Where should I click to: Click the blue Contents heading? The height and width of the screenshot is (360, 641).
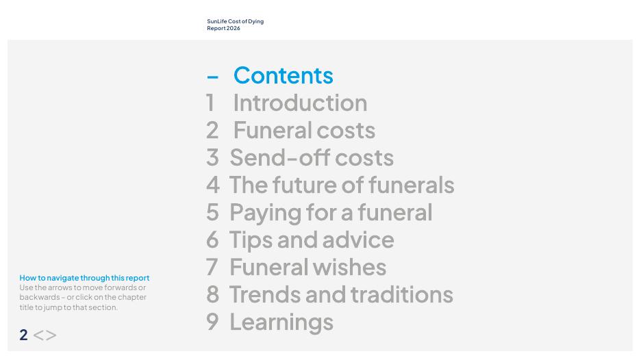click(284, 75)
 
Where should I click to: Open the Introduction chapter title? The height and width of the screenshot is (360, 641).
click(300, 103)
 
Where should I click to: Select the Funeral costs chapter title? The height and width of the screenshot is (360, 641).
click(304, 130)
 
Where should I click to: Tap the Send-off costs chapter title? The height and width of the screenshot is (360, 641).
click(312, 157)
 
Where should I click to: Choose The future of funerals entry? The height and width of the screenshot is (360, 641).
click(342, 185)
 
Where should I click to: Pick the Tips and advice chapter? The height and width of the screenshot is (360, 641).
click(312, 240)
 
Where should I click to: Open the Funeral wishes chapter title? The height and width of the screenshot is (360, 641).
click(307, 267)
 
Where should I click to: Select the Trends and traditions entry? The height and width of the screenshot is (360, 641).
click(341, 294)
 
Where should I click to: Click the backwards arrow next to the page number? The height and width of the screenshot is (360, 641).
click(38, 335)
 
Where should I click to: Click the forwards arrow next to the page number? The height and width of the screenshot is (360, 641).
click(51, 335)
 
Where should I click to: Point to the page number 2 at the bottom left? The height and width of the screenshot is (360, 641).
click(24, 335)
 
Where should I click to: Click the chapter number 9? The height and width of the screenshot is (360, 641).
click(212, 322)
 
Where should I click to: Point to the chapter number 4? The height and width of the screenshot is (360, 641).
click(213, 185)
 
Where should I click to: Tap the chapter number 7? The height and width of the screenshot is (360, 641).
click(212, 267)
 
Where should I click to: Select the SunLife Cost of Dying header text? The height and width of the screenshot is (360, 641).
click(235, 25)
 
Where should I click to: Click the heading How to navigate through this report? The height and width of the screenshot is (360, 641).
click(84, 278)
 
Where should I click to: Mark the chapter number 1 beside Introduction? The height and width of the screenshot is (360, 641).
click(210, 103)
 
